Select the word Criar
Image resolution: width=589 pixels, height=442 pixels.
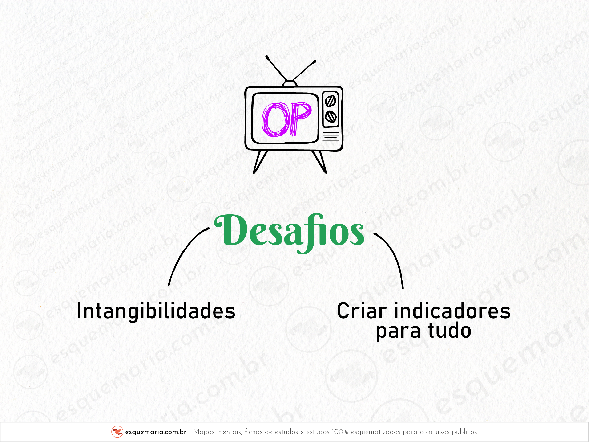tap(362, 311)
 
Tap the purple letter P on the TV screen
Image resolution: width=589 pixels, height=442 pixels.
tap(300, 119)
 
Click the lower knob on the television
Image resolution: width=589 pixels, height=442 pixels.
tap(331, 116)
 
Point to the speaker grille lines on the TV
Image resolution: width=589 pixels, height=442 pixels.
tap(331, 135)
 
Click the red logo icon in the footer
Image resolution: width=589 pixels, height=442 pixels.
tap(117, 432)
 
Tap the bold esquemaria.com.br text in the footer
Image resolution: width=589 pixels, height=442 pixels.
tap(156, 432)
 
